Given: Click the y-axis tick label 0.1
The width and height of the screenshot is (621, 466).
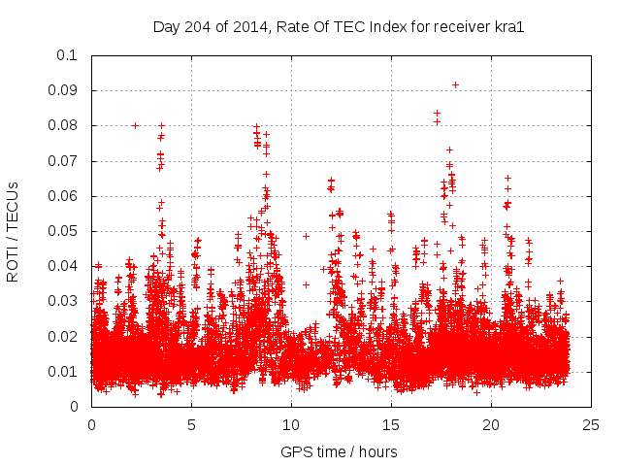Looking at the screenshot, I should [69, 55].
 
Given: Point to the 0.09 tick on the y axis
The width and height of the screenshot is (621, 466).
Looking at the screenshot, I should [65, 90].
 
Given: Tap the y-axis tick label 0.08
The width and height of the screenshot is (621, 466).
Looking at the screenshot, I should [65, 125].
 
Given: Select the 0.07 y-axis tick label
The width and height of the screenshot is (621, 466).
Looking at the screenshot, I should [65, 160].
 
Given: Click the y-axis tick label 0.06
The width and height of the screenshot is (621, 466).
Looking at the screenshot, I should [65, 196].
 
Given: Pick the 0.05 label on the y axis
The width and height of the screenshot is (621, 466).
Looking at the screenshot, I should [65, 231].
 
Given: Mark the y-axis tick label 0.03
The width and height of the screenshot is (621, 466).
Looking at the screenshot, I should [65, 301].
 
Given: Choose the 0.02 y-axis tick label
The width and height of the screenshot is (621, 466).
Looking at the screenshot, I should [65, 337].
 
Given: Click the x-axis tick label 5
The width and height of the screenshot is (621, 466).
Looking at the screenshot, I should [191, 424].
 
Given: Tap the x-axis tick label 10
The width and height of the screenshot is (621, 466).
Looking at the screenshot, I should [291, 424].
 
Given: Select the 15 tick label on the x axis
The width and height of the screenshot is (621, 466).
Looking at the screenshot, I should [391, 424].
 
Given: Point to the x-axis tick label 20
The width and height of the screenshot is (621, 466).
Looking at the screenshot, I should [491, 424].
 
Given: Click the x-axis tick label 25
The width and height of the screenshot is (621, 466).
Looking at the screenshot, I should [591, 424].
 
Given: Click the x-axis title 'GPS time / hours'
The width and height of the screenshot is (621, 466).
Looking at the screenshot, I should [339, 451].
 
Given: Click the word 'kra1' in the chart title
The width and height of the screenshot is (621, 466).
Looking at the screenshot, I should [507, 26].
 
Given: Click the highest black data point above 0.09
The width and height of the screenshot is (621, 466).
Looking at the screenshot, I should [455, 84].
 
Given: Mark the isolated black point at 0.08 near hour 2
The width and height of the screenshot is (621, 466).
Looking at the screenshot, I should [135, 124].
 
